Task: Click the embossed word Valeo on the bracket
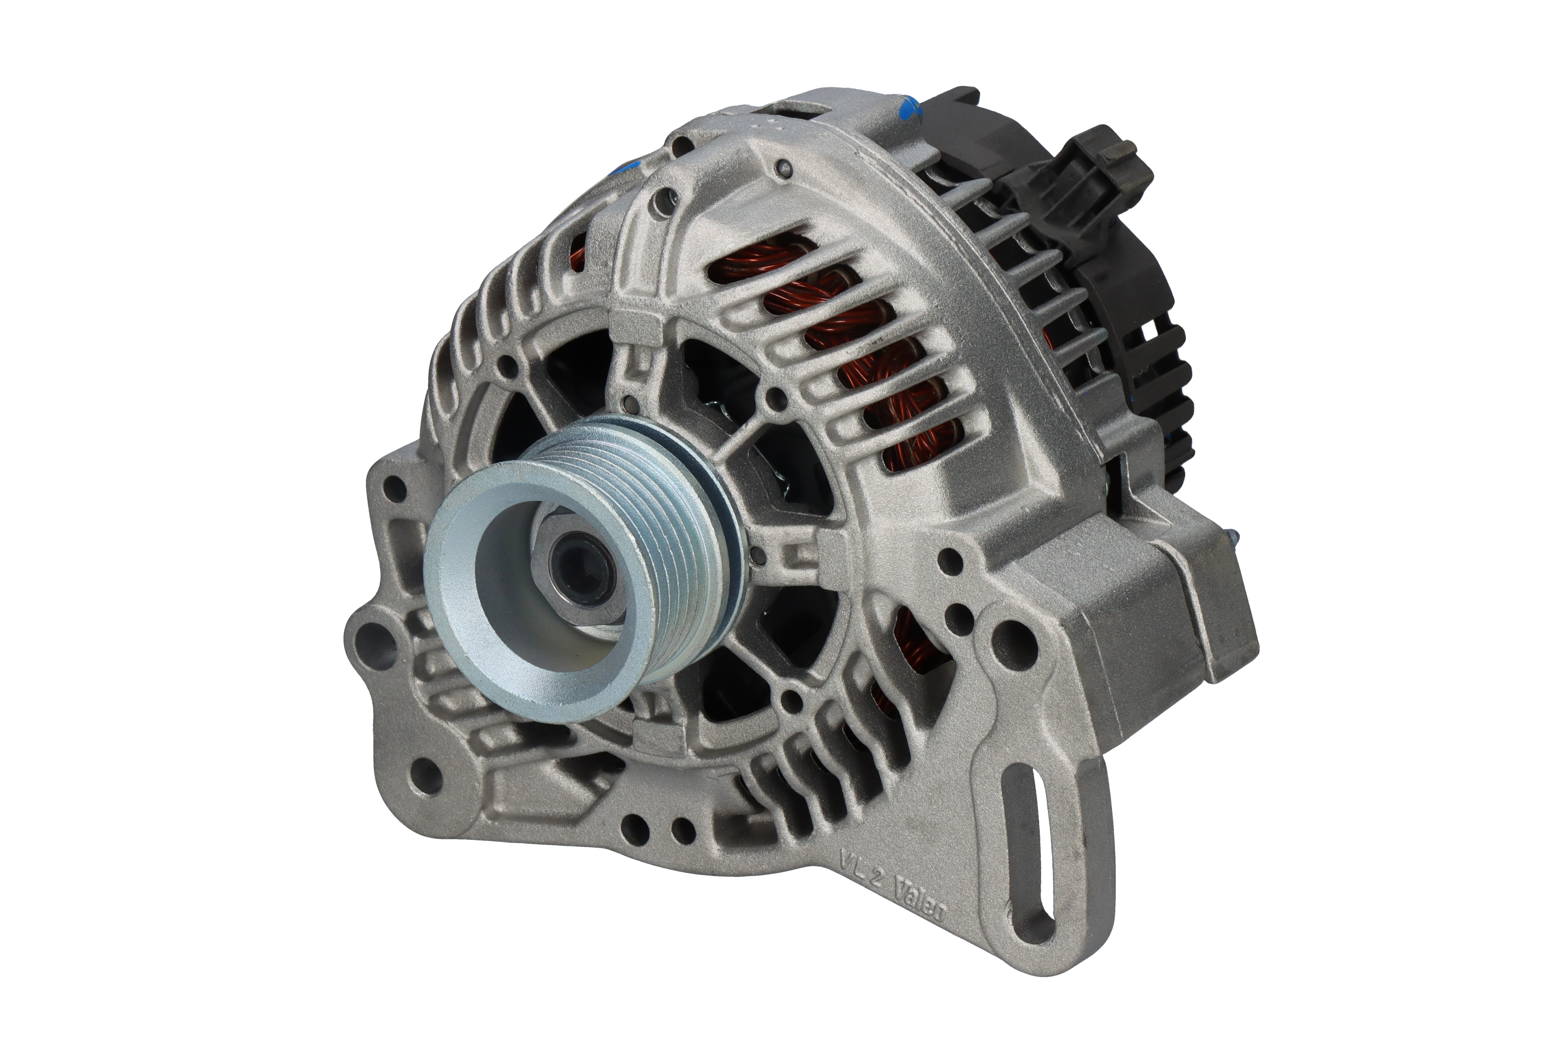920,903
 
